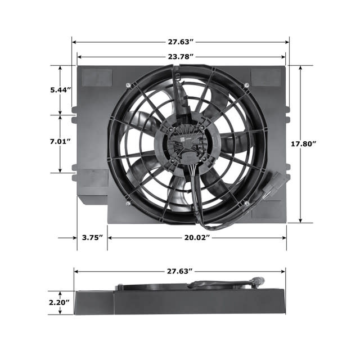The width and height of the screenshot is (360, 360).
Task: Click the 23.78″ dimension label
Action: coord(181,56)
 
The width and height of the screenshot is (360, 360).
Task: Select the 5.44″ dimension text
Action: coord(60,90)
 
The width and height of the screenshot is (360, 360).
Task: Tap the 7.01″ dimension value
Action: coord(60,141)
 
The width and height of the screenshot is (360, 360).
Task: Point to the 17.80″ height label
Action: coord(304,144)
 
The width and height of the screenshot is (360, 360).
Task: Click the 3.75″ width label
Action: coord(92,237)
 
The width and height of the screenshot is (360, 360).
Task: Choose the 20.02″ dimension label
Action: coord(197,237)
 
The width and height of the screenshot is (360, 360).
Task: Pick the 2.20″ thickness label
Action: coord(59,303)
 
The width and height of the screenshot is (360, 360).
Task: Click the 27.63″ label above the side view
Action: coord(180,271)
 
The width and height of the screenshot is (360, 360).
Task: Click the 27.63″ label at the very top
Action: coord(181,42)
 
